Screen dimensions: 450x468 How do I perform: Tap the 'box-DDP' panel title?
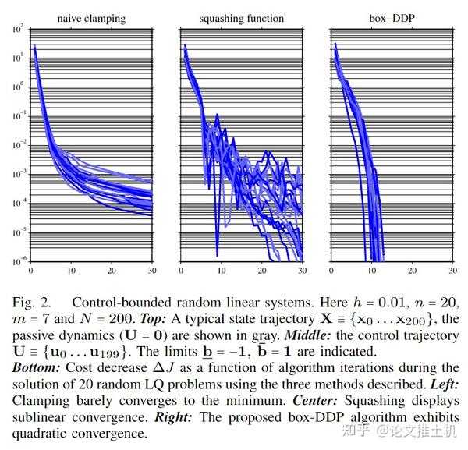tap(392, 18)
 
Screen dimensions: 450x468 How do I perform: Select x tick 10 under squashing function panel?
tap(221, 271)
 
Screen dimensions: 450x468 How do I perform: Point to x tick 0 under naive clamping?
tap(30, 271)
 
